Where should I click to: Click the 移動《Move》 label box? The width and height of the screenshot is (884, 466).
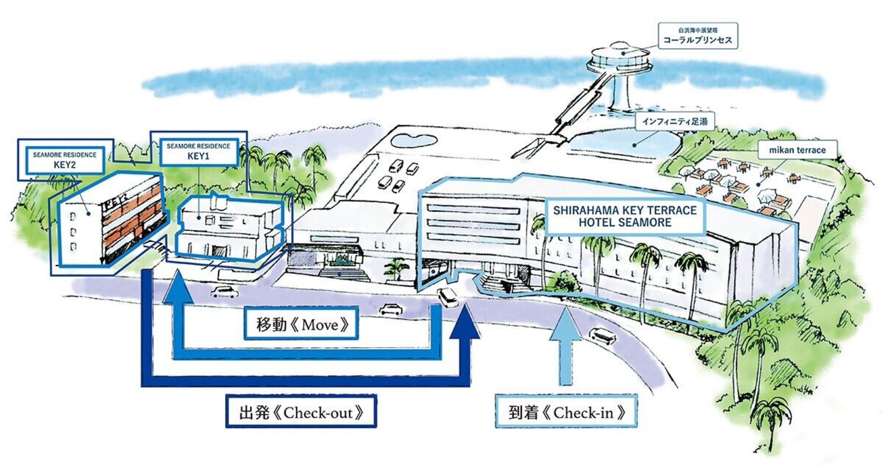tap(301, 323)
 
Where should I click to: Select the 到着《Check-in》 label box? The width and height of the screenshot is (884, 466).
tap(566, 411)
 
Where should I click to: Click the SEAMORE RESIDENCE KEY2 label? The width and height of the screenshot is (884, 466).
tap(64, 160)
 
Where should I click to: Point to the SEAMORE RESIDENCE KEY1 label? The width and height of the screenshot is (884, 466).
tap(198, 152)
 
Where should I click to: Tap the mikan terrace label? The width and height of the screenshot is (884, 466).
tap(797, 150)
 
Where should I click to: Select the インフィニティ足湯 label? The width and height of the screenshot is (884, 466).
tap(675, 121)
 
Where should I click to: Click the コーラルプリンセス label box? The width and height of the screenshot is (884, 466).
tap(698, 36)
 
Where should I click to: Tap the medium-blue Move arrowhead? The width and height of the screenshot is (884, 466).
tap(177, 286)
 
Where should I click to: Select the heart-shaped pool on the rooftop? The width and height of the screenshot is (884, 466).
tap(415, 140)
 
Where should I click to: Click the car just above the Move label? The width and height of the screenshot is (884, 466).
tap(391, 309)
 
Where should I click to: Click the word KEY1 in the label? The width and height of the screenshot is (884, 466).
tap(198, 156)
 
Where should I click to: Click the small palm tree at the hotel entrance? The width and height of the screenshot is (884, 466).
tap(396, 267)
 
